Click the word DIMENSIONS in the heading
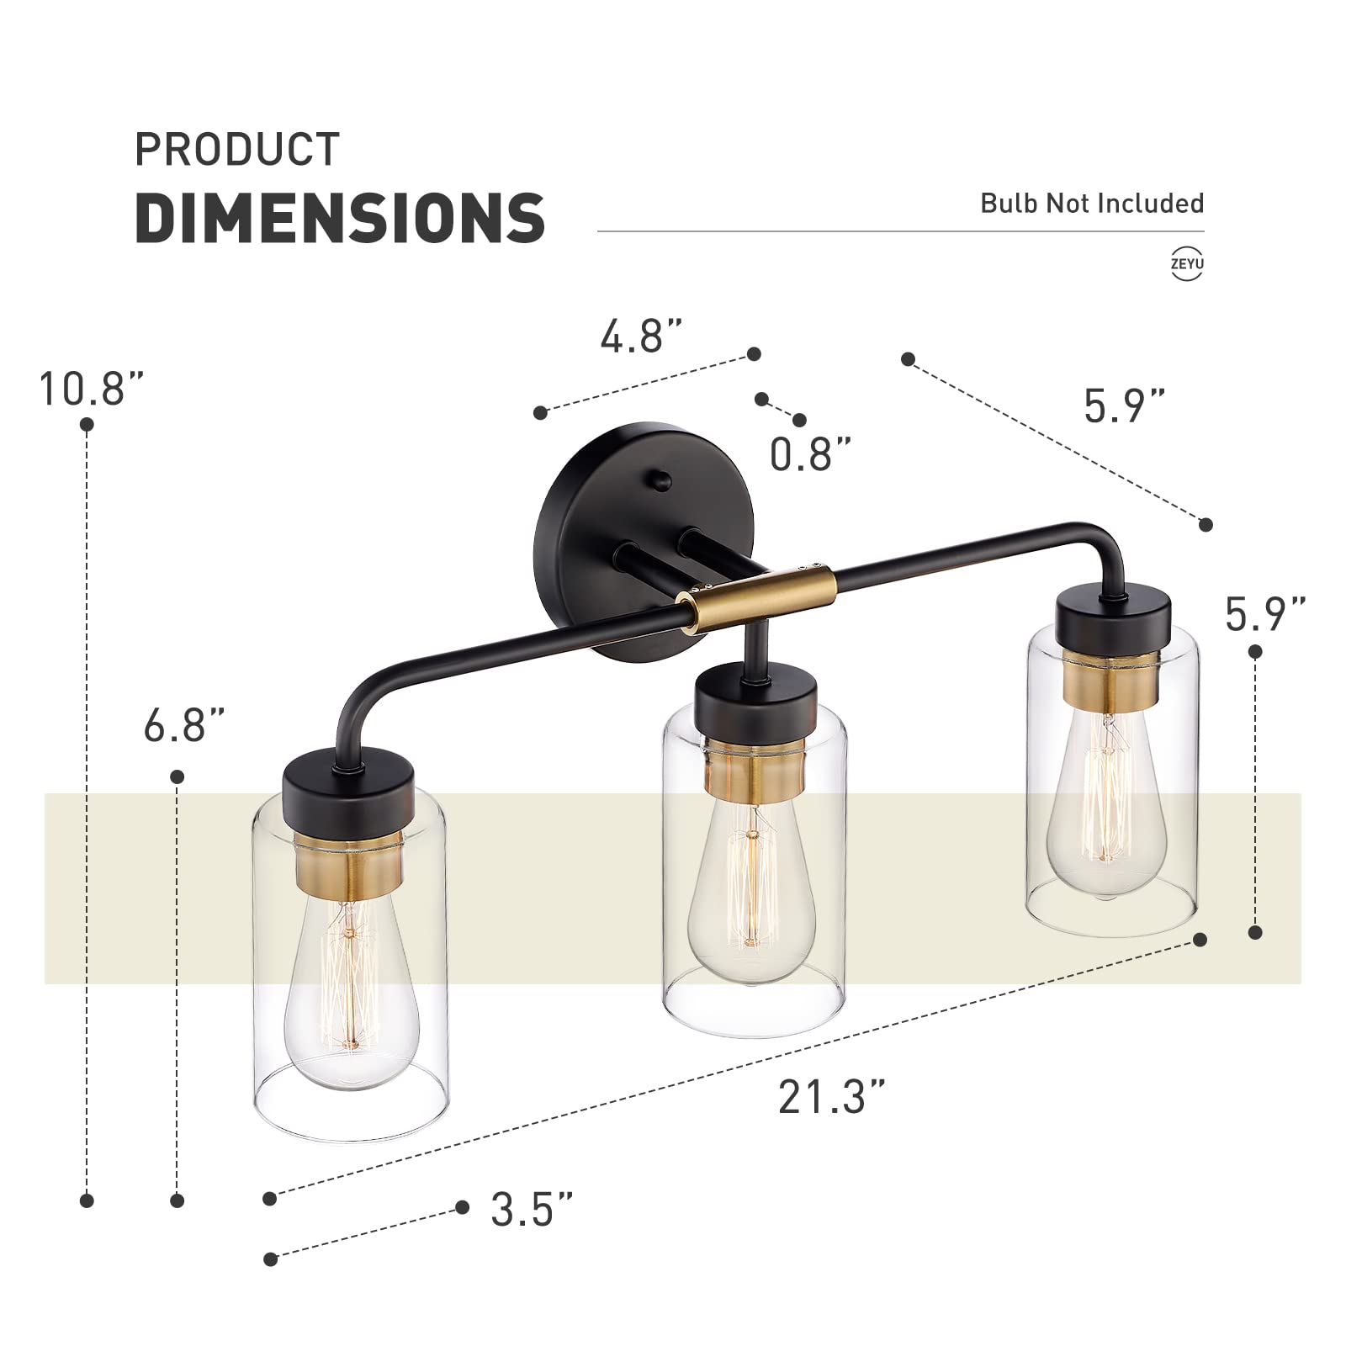pyautogui.click(x=340, y=218)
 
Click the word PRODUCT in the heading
pyautogui.click(x=237, y=150)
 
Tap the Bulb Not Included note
pyautogui.click(x=1092, y=204)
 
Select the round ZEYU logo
pyautogui.click(x=1187, y=264)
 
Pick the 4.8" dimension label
pyautogui.click(x=640, y=336)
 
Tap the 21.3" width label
pyautogui.click(x=831, y=1097)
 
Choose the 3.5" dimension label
pyautogui.click(x=533, y=1210)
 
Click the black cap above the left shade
pyautogui.click(x=349, y=787)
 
